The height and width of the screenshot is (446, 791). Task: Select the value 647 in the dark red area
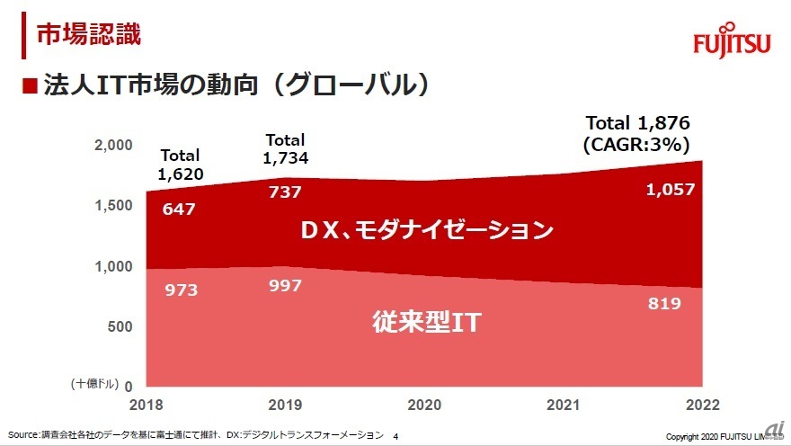point(179,210)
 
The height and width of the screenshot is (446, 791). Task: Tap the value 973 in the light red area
point(180,290)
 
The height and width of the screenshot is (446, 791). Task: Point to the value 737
point(284,191)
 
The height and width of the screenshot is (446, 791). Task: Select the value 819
point(665,304)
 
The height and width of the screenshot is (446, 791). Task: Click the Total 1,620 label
point(180,165)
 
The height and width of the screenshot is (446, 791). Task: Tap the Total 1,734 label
point(285,148)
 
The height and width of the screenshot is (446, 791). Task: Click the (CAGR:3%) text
point(636,144)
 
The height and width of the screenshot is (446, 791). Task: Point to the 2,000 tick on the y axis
point(113,145)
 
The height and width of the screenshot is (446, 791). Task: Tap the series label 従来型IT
point(426,323)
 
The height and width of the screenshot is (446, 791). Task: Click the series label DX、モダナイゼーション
point(426,230)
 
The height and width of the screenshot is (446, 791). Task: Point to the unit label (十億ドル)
point(93,384)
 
